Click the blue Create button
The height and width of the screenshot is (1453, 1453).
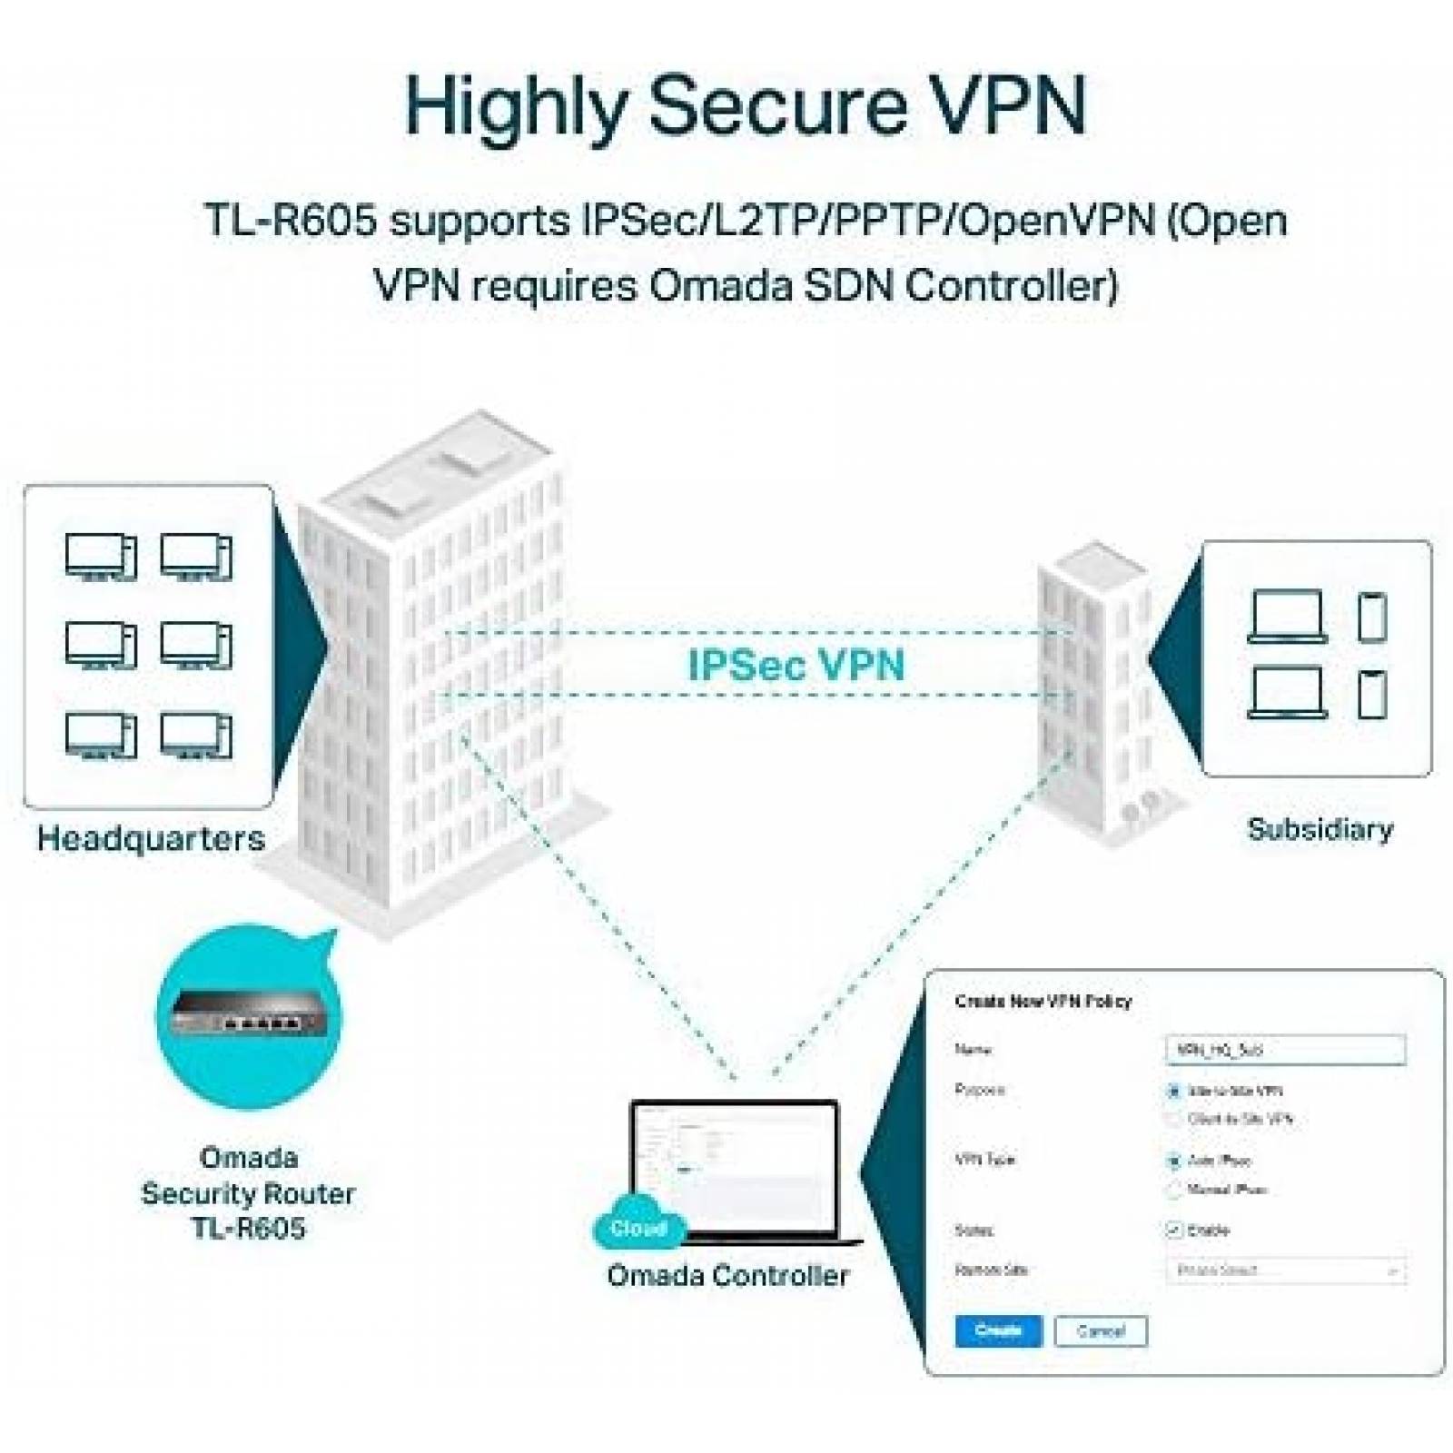(998, 1330)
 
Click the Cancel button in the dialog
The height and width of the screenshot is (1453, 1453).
(1101, 1331)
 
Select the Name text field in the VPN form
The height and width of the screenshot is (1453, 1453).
(1285, 1050)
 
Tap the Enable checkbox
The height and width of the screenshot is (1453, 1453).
(1173, 1230)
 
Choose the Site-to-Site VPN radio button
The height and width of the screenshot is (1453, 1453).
(1173, 1091)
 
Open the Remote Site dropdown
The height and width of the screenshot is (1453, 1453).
(1285, 1270)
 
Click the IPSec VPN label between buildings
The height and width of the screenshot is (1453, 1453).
(796, 665)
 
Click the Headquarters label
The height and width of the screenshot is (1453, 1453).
(151, 837)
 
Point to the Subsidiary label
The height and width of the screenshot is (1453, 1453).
(1320, 829)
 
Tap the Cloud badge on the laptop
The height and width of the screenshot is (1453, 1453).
(638, 1229)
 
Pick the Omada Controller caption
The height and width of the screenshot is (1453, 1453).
(727, 1275)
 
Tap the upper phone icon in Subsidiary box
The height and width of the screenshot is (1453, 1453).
(1371, 618)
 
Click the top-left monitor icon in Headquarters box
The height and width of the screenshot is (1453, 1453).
(101, 556)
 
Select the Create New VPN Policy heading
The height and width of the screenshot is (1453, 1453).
(1043, 1001)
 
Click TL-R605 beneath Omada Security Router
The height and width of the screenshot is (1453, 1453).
(248, 1229)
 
